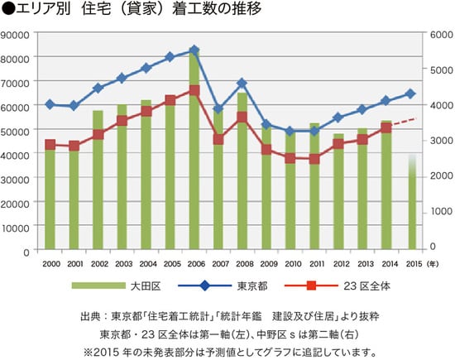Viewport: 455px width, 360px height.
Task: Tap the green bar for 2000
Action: (x=50, y=199)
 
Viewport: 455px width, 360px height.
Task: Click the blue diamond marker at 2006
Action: (x=194, y=50)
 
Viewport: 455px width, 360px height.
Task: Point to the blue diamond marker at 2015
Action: (x=411, y=94)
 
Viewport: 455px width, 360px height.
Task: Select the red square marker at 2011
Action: (x=314, y=159)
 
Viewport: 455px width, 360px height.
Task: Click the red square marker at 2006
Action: (x=194, y=90)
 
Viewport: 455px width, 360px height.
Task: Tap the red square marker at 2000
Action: (x=50, y=145)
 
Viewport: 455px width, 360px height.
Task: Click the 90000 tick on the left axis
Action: (x=17, y=35)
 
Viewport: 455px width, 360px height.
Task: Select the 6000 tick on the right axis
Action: (x=438, y=35)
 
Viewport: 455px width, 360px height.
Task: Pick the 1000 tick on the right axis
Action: (x=438, y=212)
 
